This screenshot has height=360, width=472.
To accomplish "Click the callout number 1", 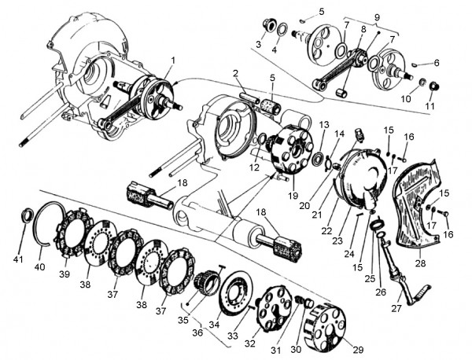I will click(172, 60).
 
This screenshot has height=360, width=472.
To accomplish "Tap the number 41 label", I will click(19, 259).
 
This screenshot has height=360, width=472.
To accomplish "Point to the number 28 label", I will click(421, 263).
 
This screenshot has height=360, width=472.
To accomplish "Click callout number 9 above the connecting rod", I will click(377, 17).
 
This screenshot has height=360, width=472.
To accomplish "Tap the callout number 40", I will click(40, 267).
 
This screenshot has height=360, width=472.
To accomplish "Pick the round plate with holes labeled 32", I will click(275, 306).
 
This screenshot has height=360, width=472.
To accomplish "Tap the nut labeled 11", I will click(433, 86).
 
